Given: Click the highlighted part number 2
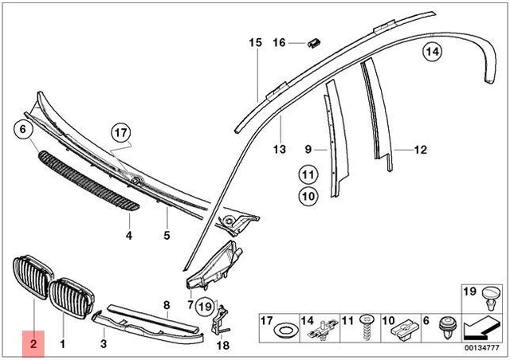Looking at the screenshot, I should click(33, 344).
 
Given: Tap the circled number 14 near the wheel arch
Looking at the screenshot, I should click(431, 53).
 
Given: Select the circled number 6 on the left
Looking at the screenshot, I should click(22, 128).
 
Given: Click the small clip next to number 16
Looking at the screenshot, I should click(315, 41).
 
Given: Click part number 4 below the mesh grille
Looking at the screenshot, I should click(127, 236).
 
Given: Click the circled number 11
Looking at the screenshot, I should click(308, 174).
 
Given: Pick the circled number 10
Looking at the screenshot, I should click(308, 194).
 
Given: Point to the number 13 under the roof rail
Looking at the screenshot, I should click(279, 149).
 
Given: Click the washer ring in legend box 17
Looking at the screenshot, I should click(282, 331).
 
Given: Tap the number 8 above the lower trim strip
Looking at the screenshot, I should click(167, 305).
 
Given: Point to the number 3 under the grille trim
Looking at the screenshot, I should click(103, 344).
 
